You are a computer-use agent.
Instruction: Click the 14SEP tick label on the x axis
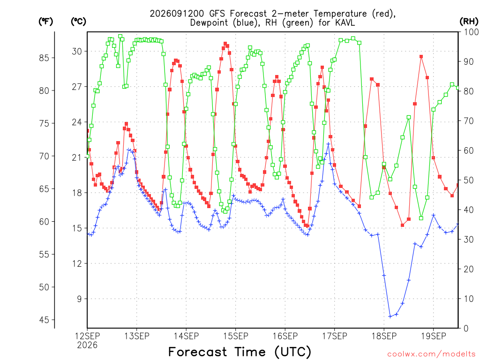click(x=186, y=336)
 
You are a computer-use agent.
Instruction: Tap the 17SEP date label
click(x=335, y=336)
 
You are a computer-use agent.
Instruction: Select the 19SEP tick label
click(x=434, y=336)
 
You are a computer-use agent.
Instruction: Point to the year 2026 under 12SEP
click(x=87, y=345)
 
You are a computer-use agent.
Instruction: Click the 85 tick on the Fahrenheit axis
click(x=44, y=58)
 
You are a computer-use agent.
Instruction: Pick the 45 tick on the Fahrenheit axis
click(x=44, y=320)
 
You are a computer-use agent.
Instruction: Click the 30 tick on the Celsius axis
click(x=77, y=52)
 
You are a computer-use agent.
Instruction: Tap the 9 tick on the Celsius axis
click(x=80, y=299)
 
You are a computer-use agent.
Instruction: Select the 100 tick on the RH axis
click(x=471, y=32)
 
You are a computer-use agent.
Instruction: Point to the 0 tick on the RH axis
click(x=466, y=329)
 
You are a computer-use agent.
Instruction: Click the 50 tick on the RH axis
click(x=469, y=180)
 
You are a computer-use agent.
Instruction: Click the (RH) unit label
click(x=469, y=21)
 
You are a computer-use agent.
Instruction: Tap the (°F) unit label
click(x=45, y=22)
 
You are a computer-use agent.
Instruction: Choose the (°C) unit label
click(x=78, y=22)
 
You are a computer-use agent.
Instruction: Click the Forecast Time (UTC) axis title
click(x=240, y=352)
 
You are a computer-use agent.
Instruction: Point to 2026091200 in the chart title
click(x=177, y=14)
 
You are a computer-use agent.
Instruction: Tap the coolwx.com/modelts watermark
click(x=431, y=354)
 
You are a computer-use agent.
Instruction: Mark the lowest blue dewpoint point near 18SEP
click(x=390, y=316)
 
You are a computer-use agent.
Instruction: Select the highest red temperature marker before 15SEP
click(x=225, y=44)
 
